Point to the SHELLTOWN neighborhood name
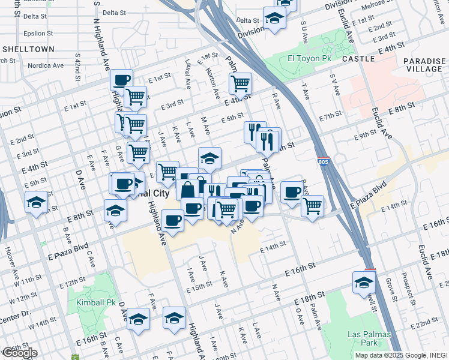(28, 49)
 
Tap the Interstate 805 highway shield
(324, 162)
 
